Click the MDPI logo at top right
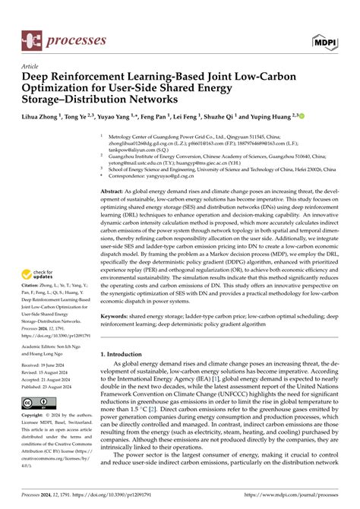(x=320, y=39)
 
